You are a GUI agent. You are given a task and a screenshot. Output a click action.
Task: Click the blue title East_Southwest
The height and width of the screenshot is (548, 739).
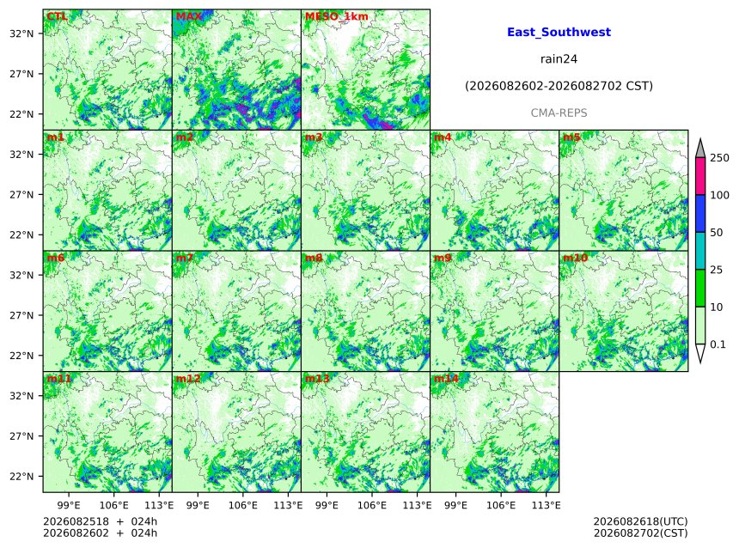point(559,32)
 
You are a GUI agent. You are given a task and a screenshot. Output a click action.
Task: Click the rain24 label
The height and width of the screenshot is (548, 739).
point(559,59)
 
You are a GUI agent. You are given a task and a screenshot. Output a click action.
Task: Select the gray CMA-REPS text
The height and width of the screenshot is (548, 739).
point(559,113)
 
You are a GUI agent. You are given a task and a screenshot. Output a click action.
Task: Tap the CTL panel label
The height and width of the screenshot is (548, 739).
point(57,16)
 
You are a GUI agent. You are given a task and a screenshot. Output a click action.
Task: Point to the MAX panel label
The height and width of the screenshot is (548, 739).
point(188,16)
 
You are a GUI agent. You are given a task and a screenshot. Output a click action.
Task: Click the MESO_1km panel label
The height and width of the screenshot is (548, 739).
point(337,16)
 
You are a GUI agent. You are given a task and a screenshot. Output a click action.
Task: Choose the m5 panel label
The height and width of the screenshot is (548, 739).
point(571,137)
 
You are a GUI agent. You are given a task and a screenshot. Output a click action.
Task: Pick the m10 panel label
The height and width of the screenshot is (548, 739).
point(575,258)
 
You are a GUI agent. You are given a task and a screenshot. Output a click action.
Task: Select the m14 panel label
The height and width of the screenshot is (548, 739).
point(446,379)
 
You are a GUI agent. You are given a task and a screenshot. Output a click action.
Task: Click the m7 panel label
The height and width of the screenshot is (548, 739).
point(184,258)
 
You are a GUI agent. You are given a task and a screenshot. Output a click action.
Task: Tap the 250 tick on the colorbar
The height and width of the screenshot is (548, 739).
point(720,158)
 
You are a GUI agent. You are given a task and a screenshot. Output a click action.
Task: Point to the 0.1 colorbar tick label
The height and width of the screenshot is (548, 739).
point(718,344)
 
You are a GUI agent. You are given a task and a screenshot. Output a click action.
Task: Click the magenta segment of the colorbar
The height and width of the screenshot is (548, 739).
point(700,176)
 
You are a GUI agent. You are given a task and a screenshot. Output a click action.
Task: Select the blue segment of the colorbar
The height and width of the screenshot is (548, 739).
point(700,214)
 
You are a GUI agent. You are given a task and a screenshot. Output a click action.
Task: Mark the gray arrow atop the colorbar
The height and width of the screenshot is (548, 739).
point(700,148)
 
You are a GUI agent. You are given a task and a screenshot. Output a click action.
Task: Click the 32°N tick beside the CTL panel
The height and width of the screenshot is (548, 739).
point(21,33)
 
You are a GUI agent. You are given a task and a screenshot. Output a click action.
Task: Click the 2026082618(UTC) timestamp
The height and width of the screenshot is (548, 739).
point(640,521)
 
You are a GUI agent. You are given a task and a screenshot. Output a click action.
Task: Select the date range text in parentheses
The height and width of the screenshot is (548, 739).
point(559,86)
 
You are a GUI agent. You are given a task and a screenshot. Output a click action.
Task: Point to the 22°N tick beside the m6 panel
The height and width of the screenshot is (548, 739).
point(21,356)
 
